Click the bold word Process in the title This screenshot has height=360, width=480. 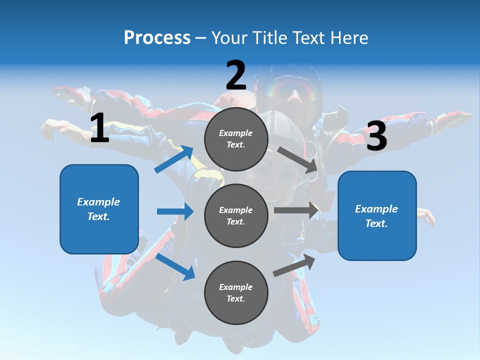click(x=157, y=38)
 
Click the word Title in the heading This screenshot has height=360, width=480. click(x=269, y=38)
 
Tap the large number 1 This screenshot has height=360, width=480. click(x=99, y=128)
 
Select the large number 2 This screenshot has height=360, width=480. click(x=236, y=75)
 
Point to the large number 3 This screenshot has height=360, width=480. click(x=376, y=136)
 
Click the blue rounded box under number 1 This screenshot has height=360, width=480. click(x=99, y=209)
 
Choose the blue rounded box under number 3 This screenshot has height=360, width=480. click(x=377, y=215)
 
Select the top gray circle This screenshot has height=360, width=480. click(x=236, y=139)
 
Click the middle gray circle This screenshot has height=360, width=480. click(x=236, y=215)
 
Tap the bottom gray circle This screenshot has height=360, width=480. click(x=236, y=292)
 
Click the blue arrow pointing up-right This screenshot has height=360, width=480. click(x=174, y=159)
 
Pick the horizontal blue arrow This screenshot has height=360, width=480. click(x=175, y=211)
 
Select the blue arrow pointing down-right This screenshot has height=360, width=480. click(x=175, y=266)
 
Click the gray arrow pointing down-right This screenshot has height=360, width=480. click(x=298, y=159)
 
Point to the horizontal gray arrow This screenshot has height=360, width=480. click(x=296, y=210)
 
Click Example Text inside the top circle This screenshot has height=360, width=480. click(x=236, y=139)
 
